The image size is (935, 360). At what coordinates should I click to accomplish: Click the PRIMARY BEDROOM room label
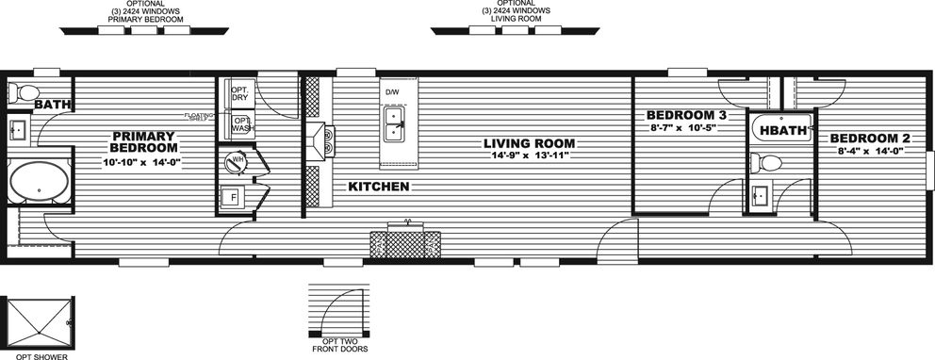point(143,141)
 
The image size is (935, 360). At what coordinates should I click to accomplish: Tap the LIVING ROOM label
point(529,143)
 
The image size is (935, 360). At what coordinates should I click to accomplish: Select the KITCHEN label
point(378,187)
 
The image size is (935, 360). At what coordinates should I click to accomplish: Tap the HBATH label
point(782,131)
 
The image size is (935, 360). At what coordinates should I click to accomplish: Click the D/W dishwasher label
point(392,91)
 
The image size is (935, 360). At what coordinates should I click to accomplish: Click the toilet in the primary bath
point(21,92)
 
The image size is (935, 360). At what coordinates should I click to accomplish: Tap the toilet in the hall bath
point(769,161)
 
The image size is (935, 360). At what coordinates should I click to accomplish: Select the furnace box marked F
point(231,197)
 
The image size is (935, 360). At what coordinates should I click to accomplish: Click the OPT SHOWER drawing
point(37,323)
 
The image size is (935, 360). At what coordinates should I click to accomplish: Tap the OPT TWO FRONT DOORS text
point(339,345)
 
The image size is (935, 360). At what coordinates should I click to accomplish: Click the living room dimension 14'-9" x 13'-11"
point(529,156)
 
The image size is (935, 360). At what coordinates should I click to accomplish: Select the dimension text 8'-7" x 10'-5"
point(681,126)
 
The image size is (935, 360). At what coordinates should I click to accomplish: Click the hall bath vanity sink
point(760,196)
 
